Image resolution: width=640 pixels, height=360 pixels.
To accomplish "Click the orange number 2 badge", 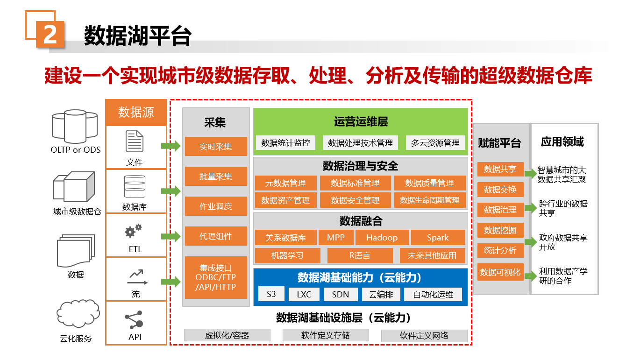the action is point(50,34).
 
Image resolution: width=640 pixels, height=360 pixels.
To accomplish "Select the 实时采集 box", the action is point(216,147).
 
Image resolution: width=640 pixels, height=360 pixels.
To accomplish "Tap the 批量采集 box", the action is point(216,176).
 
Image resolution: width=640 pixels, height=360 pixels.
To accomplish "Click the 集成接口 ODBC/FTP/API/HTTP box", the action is point(216,277).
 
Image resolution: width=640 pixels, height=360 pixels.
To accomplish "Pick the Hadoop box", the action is point(382,238).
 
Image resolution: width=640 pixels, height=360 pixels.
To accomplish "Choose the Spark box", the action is point(438,238).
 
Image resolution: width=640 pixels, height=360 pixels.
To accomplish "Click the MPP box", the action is point(336,238).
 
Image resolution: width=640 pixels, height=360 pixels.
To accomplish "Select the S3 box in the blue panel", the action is point(271,294).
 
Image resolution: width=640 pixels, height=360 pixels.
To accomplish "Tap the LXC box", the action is point(304,294).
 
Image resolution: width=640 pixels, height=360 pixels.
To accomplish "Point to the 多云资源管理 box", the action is point(435,142).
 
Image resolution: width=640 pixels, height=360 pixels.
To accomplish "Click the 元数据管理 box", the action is point(286,183).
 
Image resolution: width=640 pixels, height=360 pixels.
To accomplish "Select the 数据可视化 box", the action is point(500,272).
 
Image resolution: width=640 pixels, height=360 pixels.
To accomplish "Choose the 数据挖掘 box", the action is point(500,230).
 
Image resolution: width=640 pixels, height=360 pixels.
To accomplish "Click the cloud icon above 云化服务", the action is point(78,313).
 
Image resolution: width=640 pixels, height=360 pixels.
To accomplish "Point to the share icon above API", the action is point(134,320).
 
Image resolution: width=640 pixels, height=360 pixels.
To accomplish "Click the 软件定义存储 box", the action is point(326,335).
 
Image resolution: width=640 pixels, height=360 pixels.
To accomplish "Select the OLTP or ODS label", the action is point(76,150).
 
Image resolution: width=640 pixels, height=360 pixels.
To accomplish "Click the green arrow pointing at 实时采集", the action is point(171,146).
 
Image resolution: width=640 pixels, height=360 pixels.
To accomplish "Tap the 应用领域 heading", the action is point(562,141).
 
